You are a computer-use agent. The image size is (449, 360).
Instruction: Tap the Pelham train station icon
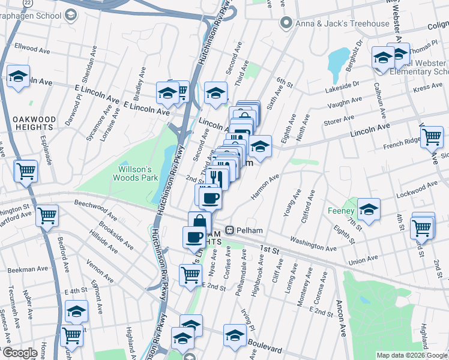coord(229,230)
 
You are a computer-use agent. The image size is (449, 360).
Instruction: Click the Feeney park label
coord(341,211)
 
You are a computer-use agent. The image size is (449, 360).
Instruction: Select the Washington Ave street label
coord(313,244)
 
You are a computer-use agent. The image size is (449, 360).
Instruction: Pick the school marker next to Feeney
coord(369,210)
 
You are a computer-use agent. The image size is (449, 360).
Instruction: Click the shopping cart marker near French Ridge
coord(432,137)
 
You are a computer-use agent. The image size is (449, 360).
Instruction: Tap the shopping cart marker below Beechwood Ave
coord(47,214)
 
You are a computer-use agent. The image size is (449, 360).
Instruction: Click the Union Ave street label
coord(363,260)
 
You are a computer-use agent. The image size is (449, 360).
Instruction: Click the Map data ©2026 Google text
coord(412,355)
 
